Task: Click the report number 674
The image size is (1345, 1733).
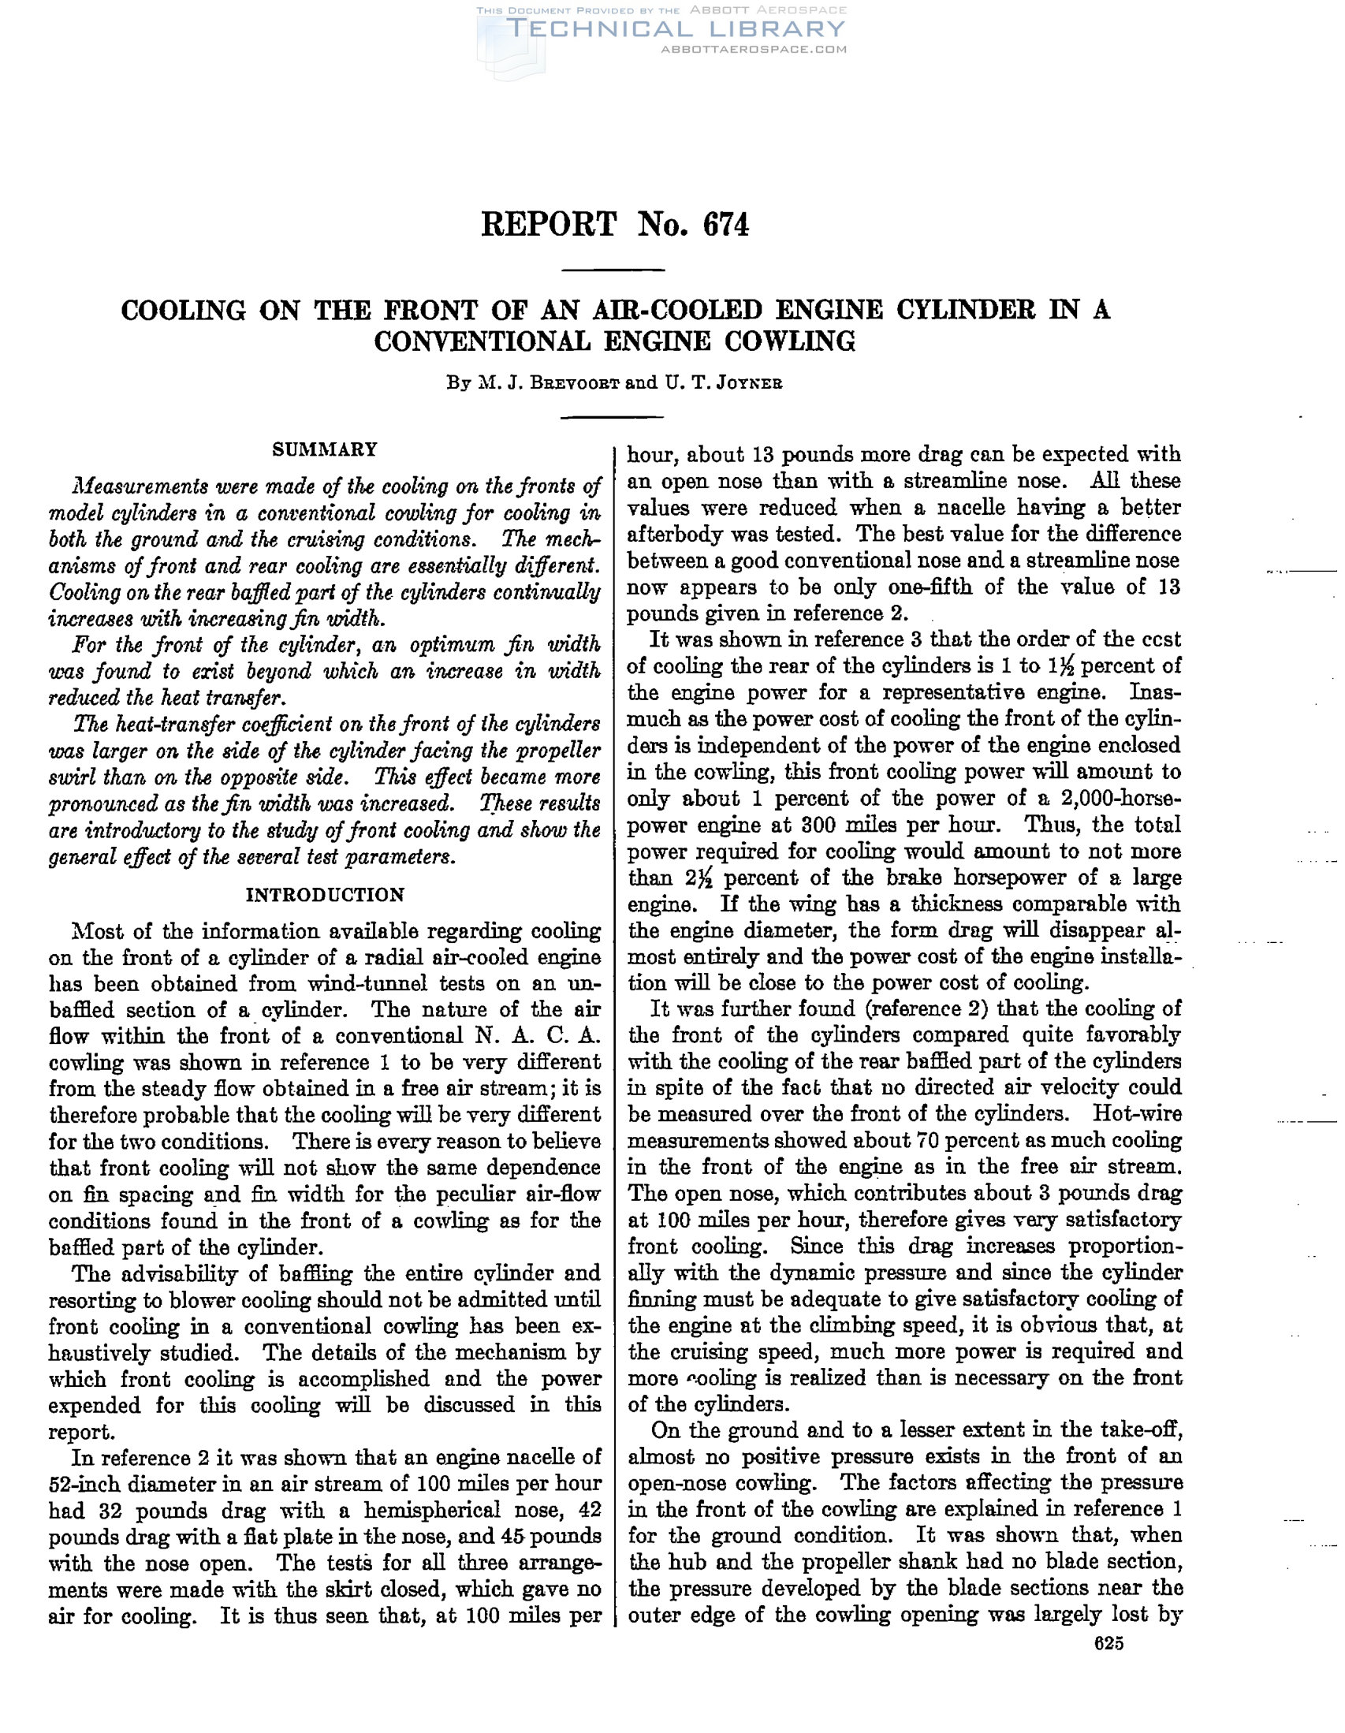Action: coord(725,225)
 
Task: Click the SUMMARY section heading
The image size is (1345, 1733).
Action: coord(325,450)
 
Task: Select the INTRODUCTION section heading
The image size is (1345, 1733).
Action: coord(325,895)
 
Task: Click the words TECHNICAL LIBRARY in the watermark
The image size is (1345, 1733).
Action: coord(676,29)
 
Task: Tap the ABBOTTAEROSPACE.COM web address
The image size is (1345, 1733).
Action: coord(753,49)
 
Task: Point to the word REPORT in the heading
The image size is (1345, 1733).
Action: coord(548,225)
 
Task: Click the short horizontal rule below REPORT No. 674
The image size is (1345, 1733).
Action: coord(612,271)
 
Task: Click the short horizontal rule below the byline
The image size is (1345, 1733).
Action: coord(612,416)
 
